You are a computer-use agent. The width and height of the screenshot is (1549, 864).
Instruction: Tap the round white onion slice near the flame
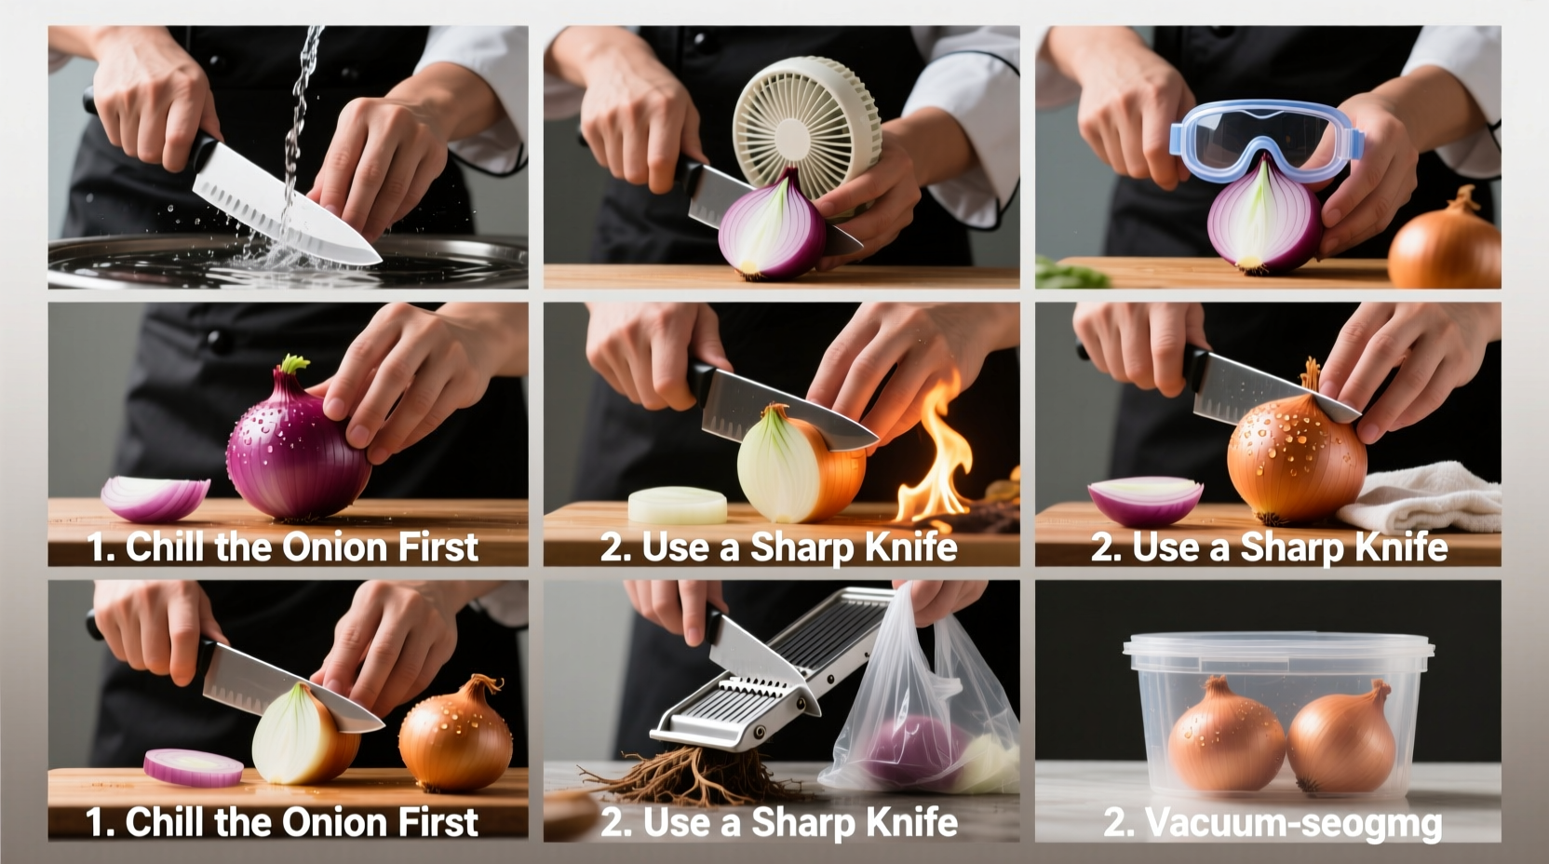pos(677,506)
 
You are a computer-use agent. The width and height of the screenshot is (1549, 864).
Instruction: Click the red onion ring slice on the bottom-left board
pos(193,766)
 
